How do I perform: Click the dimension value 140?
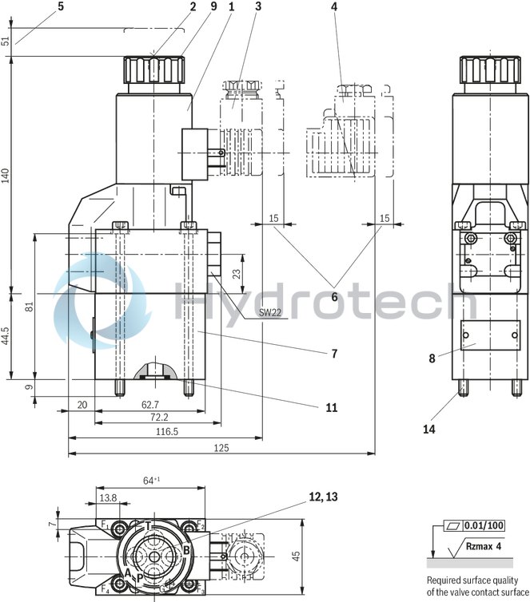[6, 176]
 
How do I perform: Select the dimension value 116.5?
[166, 431]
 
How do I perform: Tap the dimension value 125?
[221, 448]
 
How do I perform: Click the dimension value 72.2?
[159, 417]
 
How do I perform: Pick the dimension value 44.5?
[6, 335]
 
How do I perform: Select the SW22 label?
[270, 313]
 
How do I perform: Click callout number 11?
[331, 407]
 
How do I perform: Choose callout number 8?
[432, 358]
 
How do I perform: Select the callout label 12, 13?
[321, 497]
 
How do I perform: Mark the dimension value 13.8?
[106, 497]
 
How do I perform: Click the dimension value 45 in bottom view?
[296, 556]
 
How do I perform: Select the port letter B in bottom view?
[185, 549]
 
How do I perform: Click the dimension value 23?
[237, 273]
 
